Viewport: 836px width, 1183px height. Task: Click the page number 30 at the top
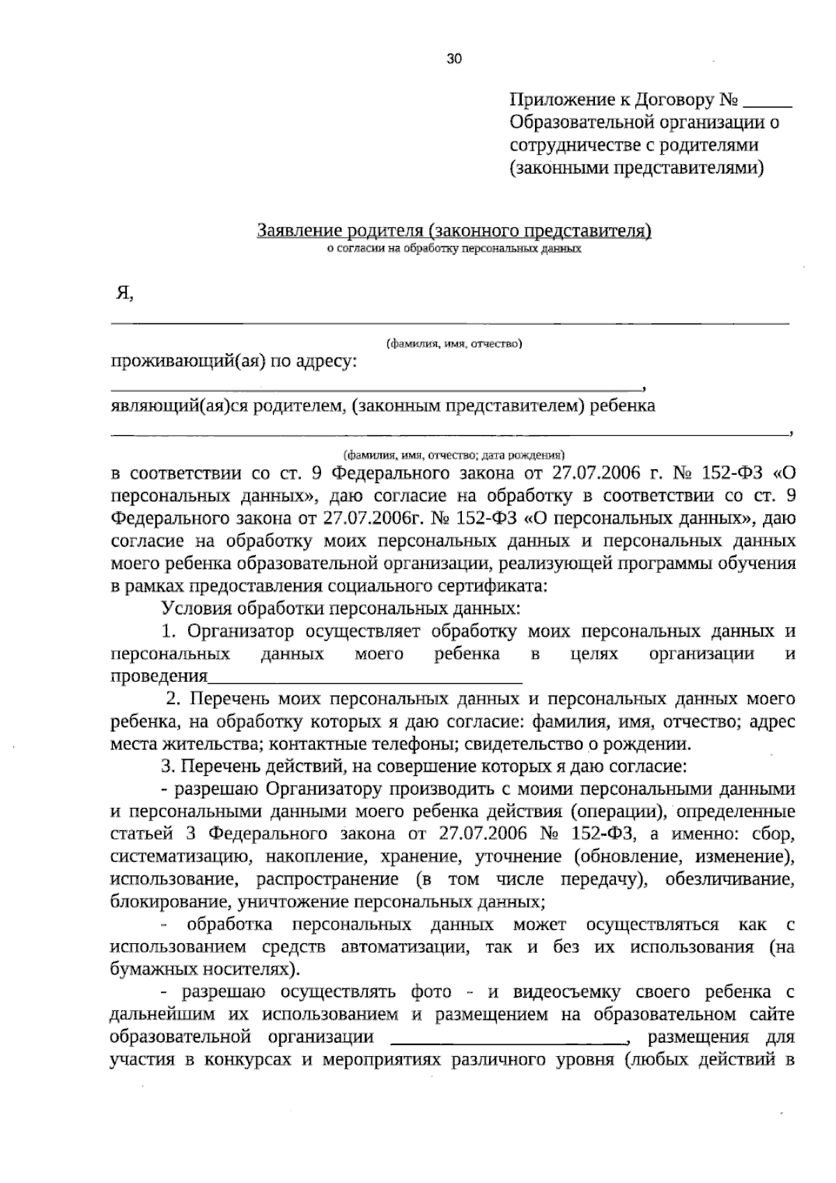[454, 59]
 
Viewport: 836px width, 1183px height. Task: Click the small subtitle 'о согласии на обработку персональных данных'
[454, 247]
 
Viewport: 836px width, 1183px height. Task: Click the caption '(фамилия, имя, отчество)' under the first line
[454, 343]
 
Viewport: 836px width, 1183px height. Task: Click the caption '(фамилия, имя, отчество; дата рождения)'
[454, 455]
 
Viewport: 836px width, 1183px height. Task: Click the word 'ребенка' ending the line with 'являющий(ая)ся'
[622, 406]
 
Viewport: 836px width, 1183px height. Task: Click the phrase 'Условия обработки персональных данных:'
[341, 609]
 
